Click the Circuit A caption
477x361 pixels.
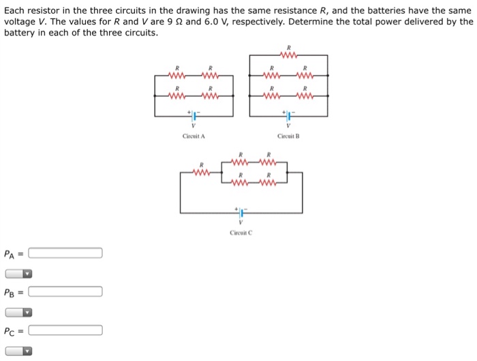click(194, 136)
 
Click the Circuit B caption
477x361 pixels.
click(288, 136)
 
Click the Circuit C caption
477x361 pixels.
click(241, 232)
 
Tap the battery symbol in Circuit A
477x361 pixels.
click(194, 114)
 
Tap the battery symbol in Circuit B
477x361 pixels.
click(289, 114)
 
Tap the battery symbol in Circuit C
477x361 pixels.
click(241, 212)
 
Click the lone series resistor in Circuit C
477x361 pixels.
click(202, 172)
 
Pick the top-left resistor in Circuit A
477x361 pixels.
click(177, 76)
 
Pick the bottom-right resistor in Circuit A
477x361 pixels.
click(211, 96)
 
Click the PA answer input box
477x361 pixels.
click(65, 253)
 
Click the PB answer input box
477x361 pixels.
click(65, 292)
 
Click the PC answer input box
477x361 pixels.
click(65, 331)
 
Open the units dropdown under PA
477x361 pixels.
click(18, 274)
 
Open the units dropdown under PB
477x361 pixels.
click(18, 313)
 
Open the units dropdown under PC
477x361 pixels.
click(18, 351)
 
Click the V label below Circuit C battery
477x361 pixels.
click(241, 223)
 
